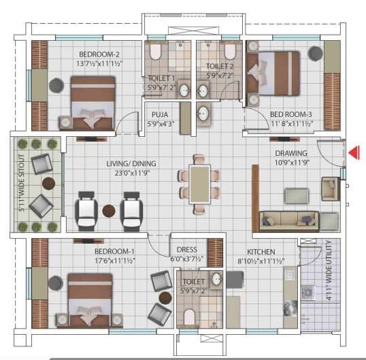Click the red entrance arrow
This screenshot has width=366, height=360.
click(x=354, y=152)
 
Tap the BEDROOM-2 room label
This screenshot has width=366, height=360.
click(x=99, y=54)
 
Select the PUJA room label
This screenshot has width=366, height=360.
click(x=160, y=114)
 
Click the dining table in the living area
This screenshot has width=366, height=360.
click(x=199, y=184)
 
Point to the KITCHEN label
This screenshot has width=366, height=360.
click(x=261, y=252)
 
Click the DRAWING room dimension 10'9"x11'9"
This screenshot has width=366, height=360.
click(x=292, y=163)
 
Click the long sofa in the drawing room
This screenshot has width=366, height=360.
click(x=288, y=221)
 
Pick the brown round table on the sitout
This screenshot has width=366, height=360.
click(x=48, y=184)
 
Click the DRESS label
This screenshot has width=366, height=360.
click(x=186, y=250)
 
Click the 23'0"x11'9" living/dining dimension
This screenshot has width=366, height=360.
click(x=132, y=173)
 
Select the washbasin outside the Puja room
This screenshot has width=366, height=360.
click(x=203, y=114)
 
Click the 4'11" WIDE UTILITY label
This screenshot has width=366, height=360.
click(x=329, y=270)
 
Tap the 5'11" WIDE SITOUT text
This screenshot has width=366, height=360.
click(x=22, y=183)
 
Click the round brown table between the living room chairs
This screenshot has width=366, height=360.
click(x=109, y=211)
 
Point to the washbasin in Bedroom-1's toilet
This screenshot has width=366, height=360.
click(x=216, y=279)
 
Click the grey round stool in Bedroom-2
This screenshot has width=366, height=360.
click(x=56, y=85)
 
